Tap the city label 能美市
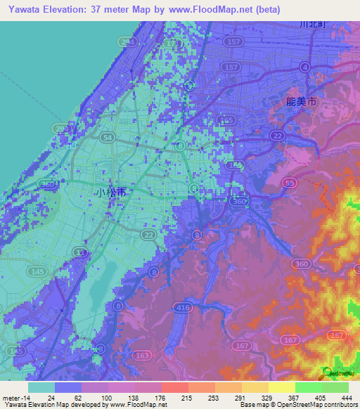pos(302,103)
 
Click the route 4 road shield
pos(304,67)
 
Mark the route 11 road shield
pos(82,252)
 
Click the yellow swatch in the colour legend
pos(281,387)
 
